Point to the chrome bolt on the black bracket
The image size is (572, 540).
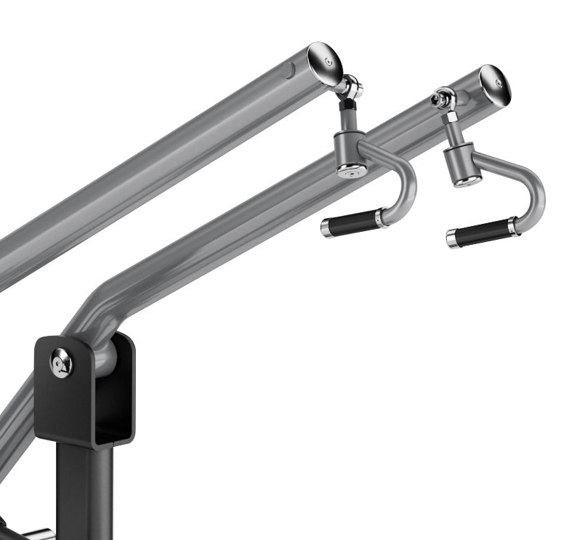coord(62,362)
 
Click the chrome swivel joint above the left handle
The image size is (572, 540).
coord(352,88)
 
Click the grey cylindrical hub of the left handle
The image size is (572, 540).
coord(347,148)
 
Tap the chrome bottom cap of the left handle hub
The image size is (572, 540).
coord(352,172)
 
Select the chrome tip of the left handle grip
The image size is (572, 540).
coord(326,228)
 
